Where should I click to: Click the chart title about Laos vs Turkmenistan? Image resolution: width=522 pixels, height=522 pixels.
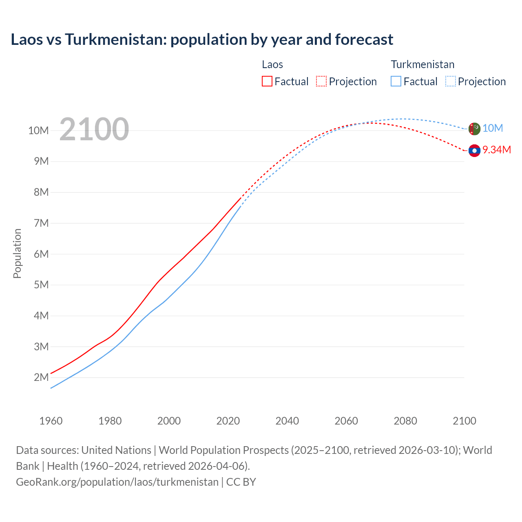202,40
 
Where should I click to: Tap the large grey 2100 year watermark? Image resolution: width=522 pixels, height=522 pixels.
94,129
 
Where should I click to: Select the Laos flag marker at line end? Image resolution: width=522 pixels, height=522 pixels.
474,150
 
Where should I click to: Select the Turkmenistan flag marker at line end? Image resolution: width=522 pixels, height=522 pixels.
474,128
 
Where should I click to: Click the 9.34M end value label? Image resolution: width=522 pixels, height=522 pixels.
497,150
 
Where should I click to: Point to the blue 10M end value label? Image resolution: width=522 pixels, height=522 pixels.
493,128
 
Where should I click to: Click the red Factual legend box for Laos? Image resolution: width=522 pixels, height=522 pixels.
267,81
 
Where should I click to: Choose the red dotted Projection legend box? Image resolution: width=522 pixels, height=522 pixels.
321,81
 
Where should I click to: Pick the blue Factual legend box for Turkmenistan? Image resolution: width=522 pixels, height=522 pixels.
396,81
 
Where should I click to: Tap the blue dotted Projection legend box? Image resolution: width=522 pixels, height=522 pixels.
451,81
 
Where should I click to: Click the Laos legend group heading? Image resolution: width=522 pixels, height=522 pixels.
272,64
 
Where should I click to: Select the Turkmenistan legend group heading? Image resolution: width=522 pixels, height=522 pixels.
422,64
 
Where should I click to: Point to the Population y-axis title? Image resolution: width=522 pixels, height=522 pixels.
17,253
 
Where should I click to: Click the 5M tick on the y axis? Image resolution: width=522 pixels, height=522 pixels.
41,285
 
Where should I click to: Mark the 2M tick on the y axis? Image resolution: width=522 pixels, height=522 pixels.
41,377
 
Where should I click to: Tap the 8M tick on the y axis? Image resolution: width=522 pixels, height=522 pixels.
41,192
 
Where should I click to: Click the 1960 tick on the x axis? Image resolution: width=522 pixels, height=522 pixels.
51,421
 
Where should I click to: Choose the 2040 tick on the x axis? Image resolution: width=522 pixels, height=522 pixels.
287,421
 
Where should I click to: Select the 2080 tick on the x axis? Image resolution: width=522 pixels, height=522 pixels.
405,421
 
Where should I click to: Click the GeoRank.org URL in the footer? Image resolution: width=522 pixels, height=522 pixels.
117,482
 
